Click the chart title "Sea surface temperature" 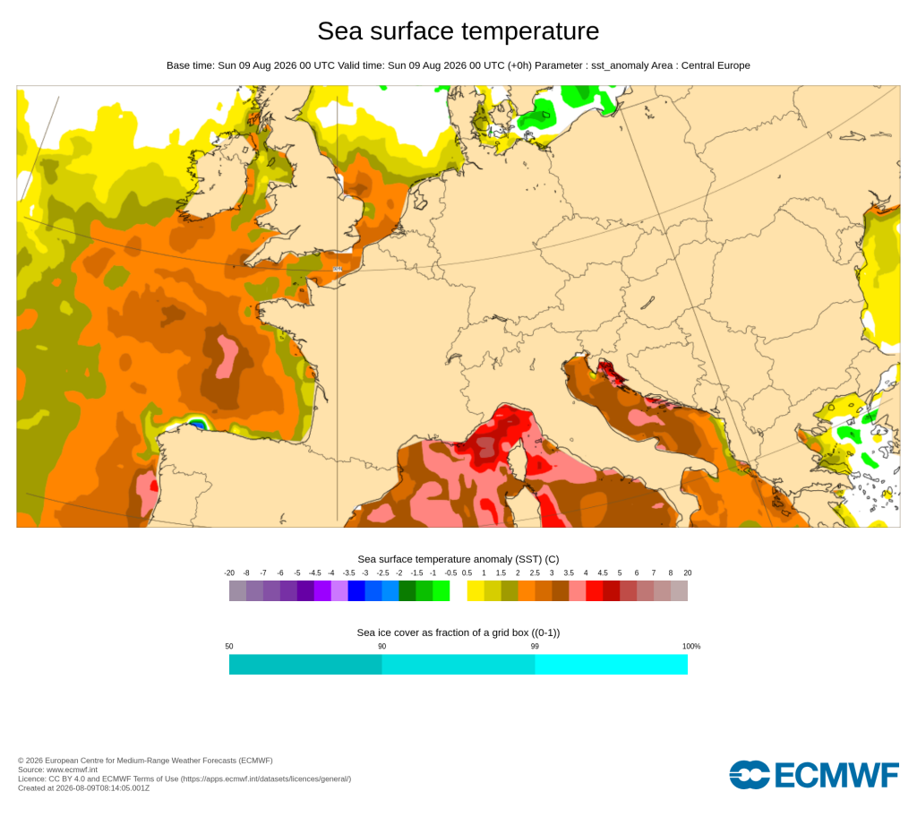coord(458,31)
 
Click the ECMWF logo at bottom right coord(813,775)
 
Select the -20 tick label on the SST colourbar coord(229,572)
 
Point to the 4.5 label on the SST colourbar coord(603,572)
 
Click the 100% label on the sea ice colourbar coord(691,647)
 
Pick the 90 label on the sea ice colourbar coord(381,647)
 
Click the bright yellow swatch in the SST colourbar coord(476,591)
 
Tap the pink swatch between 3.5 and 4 coord(578,591)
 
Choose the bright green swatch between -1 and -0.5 coord(441,591)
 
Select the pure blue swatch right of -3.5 coord(356,591)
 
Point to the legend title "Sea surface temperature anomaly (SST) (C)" coord(458,559)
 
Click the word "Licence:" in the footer coord(31,779)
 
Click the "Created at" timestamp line coord(83,788)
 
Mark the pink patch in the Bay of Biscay coord(227,357)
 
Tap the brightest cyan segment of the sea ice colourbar coord(611,665)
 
